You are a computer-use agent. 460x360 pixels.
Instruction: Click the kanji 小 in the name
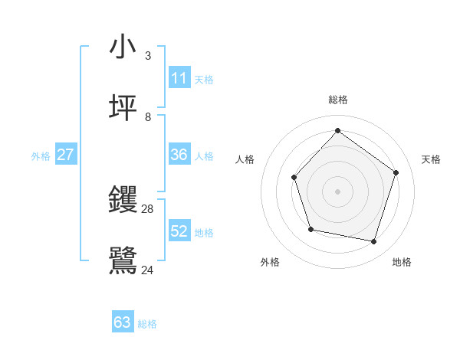point(123,47)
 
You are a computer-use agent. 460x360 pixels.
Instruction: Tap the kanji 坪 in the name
point(123,109)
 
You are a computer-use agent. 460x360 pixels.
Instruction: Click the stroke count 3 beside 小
point(147,55)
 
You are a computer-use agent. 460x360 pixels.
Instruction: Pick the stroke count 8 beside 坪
point(147,116)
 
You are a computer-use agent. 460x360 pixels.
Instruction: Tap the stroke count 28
point(148,208)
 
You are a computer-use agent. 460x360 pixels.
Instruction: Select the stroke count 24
point(148,270)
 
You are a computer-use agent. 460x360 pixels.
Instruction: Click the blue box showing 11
point(179,78)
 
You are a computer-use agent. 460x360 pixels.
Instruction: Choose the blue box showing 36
point(179,155)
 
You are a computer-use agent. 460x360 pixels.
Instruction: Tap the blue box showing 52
point(179,231)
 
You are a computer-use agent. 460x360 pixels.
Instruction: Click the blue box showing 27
point(65,155)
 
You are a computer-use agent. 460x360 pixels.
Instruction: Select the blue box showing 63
point(123,322)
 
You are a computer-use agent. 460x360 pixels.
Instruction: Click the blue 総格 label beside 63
point(147,324)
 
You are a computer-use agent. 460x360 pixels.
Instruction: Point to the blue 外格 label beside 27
point(41,156)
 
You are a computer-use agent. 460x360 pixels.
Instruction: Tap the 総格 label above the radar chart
point(337,100)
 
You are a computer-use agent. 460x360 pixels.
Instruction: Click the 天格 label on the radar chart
point(431,159)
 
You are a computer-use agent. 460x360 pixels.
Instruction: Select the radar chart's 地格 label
point(402,262)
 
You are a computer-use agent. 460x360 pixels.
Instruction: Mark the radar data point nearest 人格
point(294,178)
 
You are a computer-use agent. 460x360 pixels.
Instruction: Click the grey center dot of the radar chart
point(337,191)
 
